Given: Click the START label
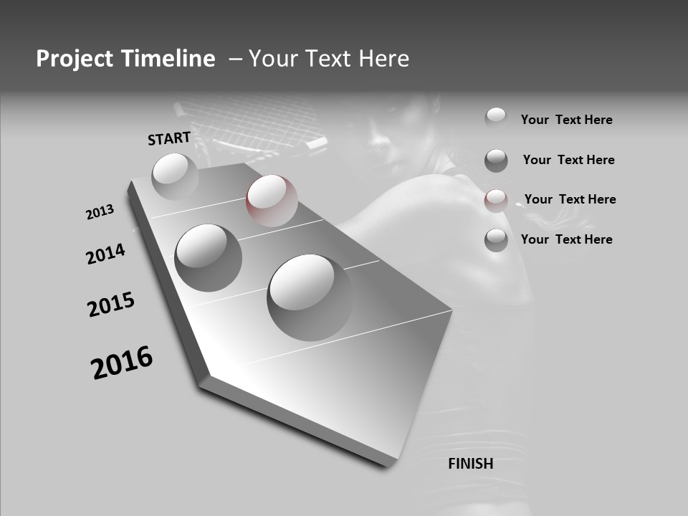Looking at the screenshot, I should point(169,138).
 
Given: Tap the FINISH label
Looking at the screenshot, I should point(470,464).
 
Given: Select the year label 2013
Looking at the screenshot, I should point(100,212).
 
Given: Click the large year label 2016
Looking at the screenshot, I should point(122,363).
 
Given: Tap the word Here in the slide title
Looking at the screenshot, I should point(380,59).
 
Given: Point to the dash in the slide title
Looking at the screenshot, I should point(235,59).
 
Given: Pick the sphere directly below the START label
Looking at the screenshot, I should point(175,176).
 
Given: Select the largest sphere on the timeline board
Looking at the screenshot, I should point(310,297).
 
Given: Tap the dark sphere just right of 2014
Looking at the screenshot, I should point(208,257).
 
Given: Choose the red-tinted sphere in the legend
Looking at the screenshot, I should point(496,201).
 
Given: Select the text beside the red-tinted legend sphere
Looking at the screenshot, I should point(570,199).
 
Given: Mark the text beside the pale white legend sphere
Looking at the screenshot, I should point(566,120).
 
